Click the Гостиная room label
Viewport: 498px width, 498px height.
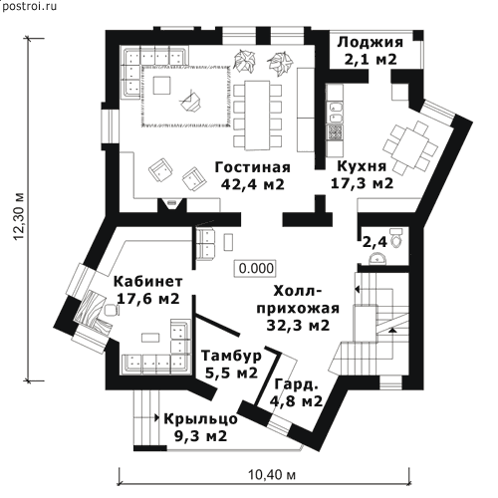pyautogui.click(x=252, y=167)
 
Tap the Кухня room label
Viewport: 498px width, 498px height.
pyautogui.click(x=362, y=166)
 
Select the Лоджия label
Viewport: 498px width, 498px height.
pyautogui.click(x=371, y=43)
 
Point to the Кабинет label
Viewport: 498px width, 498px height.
pyautogui.click(x=148, y=282)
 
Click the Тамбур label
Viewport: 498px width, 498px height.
pyautogui.click(x=232, y=356)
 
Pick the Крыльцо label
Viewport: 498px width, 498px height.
pyautogui.click(x=200, y=419)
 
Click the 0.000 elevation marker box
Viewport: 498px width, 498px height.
pyautogui.click(x=256, y=268)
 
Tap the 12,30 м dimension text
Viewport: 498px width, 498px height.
pyautogui.click(x=19, y=216)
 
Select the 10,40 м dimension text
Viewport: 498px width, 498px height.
pyautogui.click(x=272, y=475)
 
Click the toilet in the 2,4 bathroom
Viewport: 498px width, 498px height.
pyautogui.click(x=396, y=238)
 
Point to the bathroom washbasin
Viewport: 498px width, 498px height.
pyautogui.click(x=377, y=259)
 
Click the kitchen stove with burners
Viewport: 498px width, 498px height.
pyautogui.click(x=335, y=132)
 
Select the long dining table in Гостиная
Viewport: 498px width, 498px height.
pyautogui.click(x=257, y=116)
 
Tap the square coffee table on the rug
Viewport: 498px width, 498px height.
pyautogui.click(x=161, y=86)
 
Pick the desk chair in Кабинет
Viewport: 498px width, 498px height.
pyautogui.click(x=112, y=310)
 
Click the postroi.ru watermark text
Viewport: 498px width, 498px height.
pyautogui.click(x=29, y=6)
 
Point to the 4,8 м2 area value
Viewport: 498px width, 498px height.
pyautogui.click(x=296, y=401)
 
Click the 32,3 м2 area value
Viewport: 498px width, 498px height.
pyautogui.click(x=298, y=326)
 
